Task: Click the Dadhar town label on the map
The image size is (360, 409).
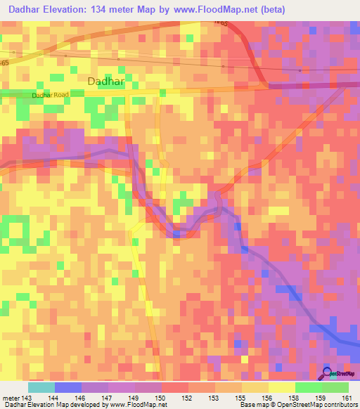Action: click(106, 81)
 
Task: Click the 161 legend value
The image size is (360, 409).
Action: click(347, 398)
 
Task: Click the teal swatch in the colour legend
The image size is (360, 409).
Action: click(41, 387)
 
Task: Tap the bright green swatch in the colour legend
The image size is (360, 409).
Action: click(308, 387)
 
